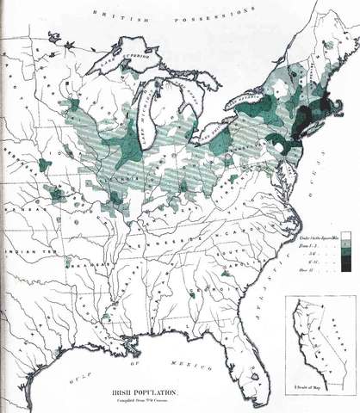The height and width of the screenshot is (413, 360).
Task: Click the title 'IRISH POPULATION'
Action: click(141, 391)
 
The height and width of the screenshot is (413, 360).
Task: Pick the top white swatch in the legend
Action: click(344, 235)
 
